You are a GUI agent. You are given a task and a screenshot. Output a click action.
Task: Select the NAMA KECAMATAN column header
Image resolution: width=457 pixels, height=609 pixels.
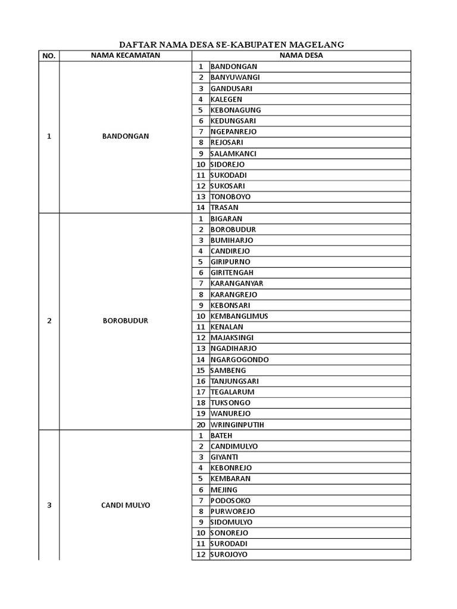(125, 55)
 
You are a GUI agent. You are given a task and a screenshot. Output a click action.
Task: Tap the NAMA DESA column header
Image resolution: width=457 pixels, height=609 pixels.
(301, 55)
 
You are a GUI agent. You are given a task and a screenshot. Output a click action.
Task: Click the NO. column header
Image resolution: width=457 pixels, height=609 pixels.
(49, 56)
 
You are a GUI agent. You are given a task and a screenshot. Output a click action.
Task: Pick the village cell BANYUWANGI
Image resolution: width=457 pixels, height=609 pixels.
(235, 77)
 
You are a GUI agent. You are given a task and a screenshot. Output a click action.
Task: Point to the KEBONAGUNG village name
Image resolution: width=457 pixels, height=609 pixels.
(236, 110)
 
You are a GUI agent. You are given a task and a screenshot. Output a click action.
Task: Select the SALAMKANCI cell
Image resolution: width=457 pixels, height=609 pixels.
(234, 153)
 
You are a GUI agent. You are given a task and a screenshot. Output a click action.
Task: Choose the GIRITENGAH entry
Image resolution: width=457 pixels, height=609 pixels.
(232, 272)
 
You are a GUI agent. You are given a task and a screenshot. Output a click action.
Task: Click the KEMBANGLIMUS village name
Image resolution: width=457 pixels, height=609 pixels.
(239, 316)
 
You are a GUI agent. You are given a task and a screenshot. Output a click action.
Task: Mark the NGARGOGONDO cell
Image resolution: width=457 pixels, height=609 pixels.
(239, 359)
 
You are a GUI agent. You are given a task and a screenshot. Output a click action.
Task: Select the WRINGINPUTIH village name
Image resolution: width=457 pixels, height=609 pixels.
(237, 425)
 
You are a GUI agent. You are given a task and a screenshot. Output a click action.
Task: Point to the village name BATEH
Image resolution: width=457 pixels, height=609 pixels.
(221, 435)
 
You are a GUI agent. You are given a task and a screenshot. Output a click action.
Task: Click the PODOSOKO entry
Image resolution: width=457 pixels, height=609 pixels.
(230, 500)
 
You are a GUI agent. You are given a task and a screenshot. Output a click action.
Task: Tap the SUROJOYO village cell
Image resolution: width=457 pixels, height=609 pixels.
(229, 554)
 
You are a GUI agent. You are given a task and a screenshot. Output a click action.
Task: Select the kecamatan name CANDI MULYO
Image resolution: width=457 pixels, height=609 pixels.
(125, 506)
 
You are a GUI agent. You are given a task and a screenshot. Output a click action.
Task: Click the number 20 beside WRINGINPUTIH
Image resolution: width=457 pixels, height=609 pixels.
(201, 425)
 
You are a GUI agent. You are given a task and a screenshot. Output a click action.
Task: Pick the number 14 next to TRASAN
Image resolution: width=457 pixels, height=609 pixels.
(201, 208)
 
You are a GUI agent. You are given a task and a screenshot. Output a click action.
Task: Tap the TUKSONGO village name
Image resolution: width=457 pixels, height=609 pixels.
(230, 403)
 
